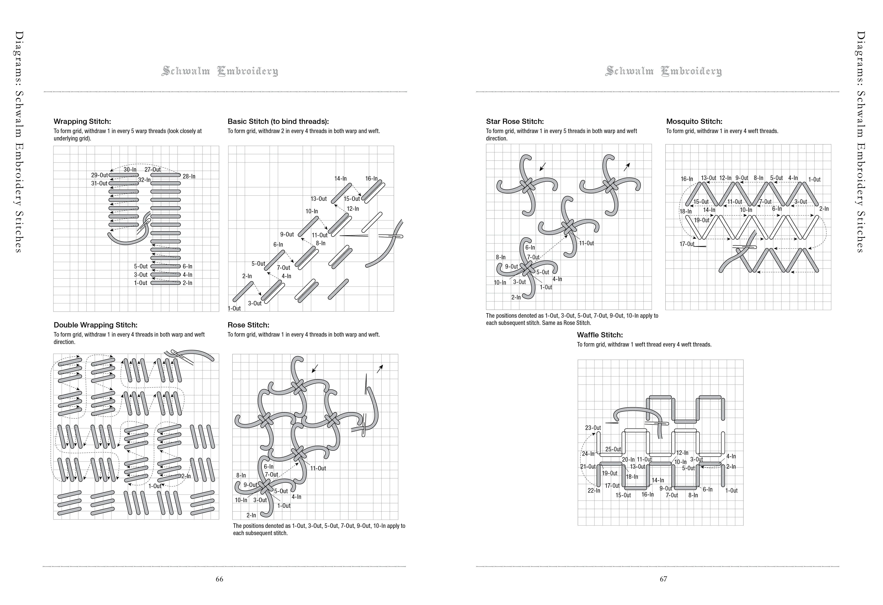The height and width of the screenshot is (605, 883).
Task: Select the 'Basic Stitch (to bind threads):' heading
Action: pos(278,122)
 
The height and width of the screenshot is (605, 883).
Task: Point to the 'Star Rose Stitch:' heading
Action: pos(515,122)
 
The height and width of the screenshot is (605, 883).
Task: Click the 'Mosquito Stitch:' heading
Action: pos(694,122)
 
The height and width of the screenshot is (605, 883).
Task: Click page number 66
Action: pos(219,579)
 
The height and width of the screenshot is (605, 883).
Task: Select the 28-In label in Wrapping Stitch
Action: pos(189,176)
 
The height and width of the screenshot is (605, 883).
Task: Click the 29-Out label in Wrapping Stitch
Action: pos(99,175)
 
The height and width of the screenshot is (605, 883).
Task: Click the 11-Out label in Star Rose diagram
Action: pos(586,243)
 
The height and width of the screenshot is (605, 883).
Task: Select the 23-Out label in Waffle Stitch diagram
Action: pos(593,428)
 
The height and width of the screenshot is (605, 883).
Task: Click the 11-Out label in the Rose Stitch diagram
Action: pos(318,469)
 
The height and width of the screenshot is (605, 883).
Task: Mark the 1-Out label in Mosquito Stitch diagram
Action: pos(814,179)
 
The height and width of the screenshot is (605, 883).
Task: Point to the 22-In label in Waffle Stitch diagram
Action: pos(594,491)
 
